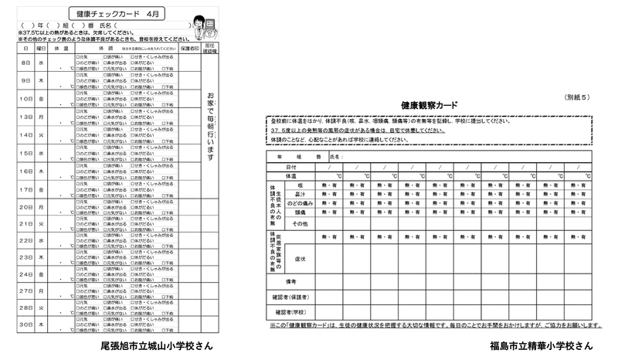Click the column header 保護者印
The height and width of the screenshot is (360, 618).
189,48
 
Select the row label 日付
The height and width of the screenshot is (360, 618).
290,167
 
